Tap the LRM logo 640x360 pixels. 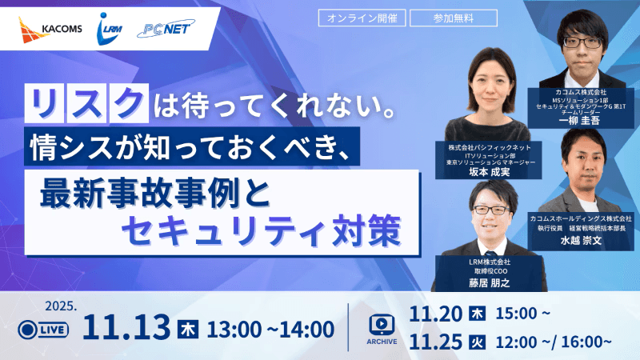[110, 29]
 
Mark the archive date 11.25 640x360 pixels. [437, 342]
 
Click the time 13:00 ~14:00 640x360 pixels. [270, 328]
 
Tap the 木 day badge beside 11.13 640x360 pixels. [188, 328]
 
